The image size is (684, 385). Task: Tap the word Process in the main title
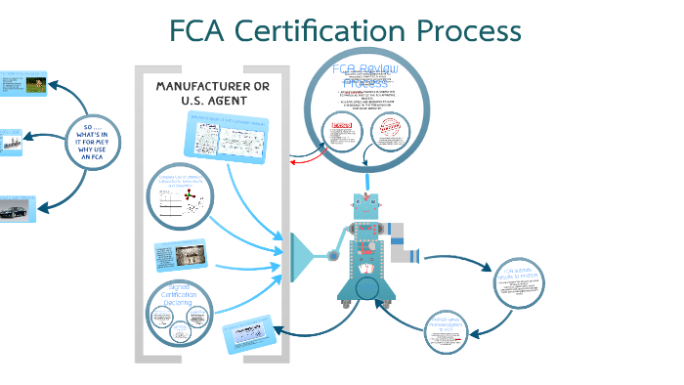click(x=467, y=31)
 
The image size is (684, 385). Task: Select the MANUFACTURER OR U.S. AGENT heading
click(x=212, y=94)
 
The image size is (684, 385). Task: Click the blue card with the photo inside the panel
click(x=180, y=256)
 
